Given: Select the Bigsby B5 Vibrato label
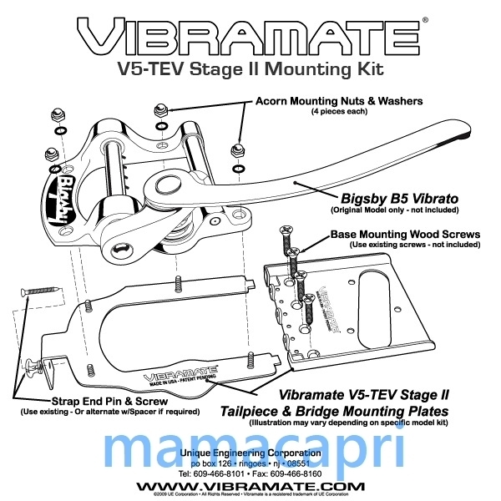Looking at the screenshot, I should tap(397, 200).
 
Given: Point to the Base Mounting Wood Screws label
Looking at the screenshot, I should tap(405, 235).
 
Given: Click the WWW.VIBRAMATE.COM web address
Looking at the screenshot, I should tap(250, 486).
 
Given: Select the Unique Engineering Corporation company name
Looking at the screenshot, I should tap(250, 453).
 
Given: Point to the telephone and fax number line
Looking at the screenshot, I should tap(250, 473).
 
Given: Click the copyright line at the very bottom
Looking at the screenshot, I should tap(250, 495).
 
